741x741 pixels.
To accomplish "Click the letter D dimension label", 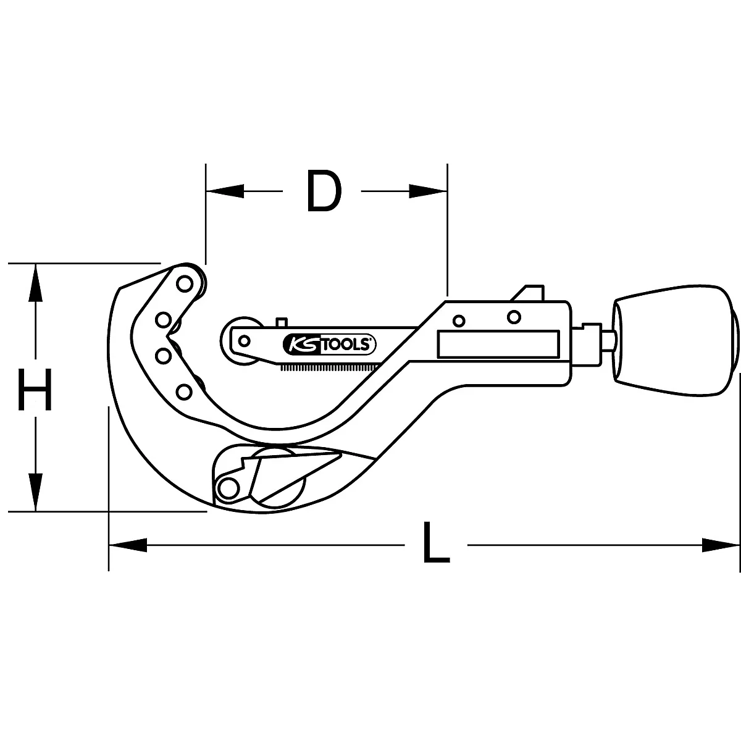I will (324, 192).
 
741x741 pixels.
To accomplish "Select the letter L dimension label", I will (436, 543).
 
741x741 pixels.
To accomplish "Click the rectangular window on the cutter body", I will (499, 343).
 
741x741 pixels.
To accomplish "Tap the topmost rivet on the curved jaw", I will (184, 283).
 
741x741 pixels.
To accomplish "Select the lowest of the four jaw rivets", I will (183, 391).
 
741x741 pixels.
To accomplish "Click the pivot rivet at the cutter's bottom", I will (229, 487).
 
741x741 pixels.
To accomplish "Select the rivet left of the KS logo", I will (245, 340).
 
